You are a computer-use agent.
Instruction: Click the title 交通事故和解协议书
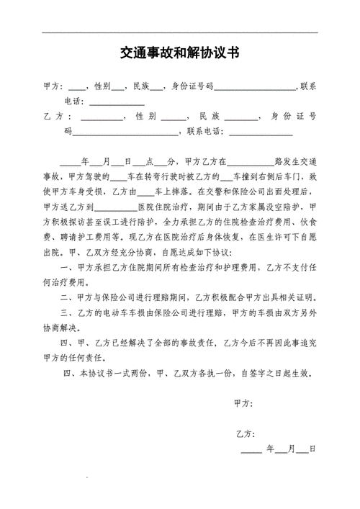pyautogui.click(x=180, y=55)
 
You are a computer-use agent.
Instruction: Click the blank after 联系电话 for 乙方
pyautogui.click(x=260, y=132)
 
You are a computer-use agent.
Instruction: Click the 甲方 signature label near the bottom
pyautogui.click(x=245, y=402)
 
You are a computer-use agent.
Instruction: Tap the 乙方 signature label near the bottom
pyautogui.click(x=245, y=433)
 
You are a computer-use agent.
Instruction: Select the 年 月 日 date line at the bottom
pyautogui.click(x=278, y=449)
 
